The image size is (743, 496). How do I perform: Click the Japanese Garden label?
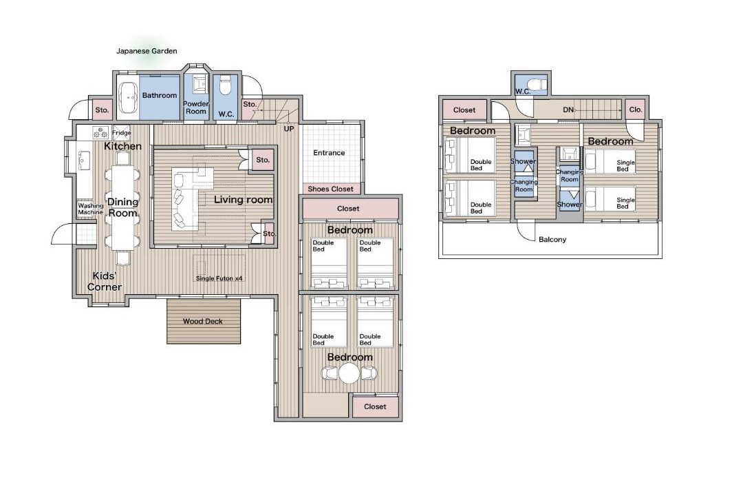[147, 51]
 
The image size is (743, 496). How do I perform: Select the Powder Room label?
[195, 107]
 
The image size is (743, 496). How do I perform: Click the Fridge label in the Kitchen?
[122, 133]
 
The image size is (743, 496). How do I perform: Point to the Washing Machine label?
[91, 209]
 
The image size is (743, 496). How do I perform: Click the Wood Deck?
[204, 321]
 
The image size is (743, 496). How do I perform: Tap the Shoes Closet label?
[330, 189]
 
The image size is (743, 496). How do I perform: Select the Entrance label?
[329, 153]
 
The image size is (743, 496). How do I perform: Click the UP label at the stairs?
[288, 129]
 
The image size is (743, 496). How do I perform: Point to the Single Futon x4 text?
[219, 278]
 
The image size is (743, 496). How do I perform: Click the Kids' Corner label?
[105, 282]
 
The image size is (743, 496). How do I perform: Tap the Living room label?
[243, 200]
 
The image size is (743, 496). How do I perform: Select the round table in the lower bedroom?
[349, 373]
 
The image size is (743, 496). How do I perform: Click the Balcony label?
[552, 239]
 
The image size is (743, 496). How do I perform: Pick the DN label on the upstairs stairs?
[568, 110]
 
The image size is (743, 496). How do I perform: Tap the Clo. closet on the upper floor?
[636, 110]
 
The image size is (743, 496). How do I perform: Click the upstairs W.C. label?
[523, 91]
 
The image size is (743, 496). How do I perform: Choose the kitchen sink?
[85, 161]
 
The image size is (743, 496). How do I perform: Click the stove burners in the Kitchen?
[101, 132]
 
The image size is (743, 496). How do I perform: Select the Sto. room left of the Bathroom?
[102, 110]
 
